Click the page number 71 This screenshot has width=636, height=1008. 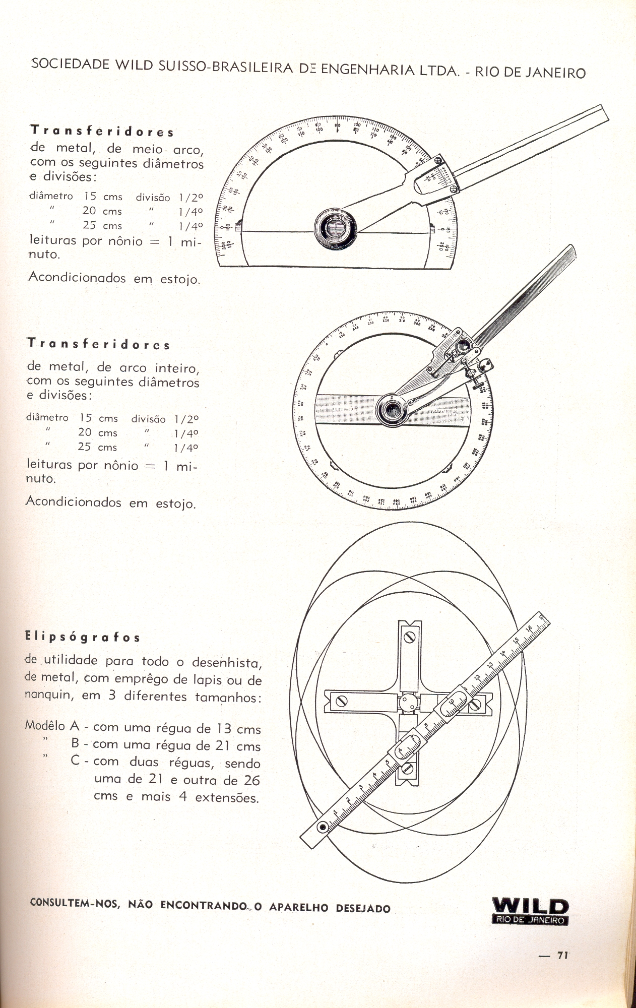click(563, 955)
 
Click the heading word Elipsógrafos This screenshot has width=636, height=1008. click(83, 637)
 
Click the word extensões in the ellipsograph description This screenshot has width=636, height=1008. click(227, 798)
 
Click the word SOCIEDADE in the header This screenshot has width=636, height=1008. click(70, 64)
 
